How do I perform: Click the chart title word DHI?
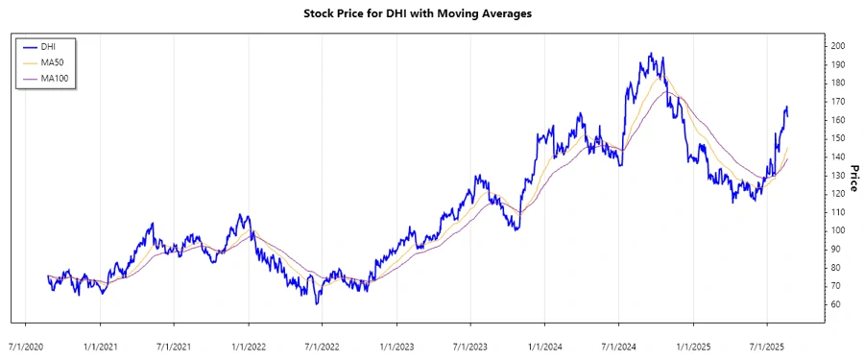(416, 14)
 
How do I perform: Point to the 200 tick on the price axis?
(838, 46)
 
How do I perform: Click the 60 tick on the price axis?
(835, 304)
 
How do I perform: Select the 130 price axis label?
(838, 175)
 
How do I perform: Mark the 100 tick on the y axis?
(838, 230)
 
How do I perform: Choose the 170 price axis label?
(838, 101)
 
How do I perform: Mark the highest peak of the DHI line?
(651, 54)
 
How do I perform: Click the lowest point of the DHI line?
(316, 303)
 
